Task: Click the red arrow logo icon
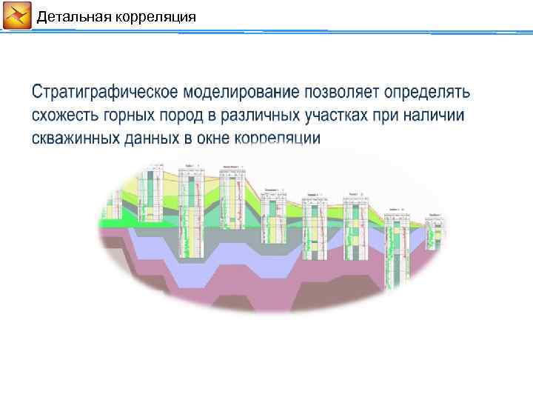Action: [17, 16]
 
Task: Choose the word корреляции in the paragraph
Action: [278, 139]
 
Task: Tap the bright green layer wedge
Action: [118, 221]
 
